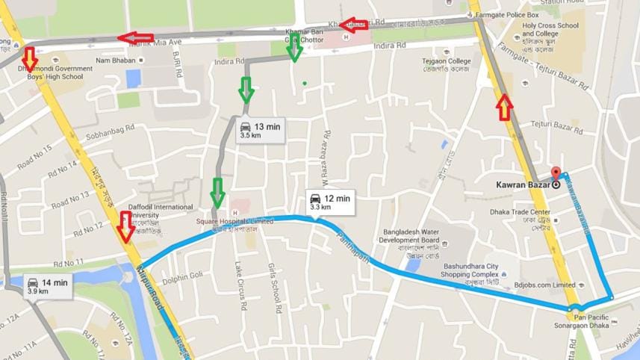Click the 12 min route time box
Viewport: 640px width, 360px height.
330,202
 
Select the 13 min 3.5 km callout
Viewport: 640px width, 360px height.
259,130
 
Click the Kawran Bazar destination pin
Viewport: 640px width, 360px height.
555,173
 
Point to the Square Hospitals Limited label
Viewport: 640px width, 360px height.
235,221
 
